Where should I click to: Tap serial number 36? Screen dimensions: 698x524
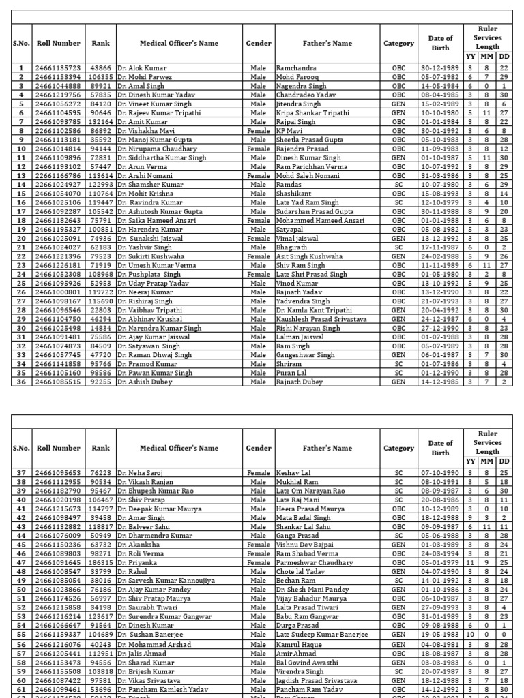pyautogui.click(x=21, y=382)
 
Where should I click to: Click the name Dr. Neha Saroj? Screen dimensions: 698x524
pyautogui.click(x=142, y=473)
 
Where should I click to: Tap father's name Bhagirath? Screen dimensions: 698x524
pyautogui.click(x=292, y=247)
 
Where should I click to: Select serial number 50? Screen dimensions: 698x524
pyautogui.click(x=21, y=590)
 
